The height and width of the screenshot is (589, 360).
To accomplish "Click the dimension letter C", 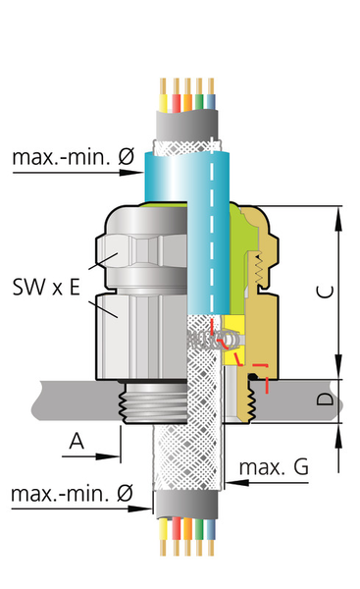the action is pos(325,292).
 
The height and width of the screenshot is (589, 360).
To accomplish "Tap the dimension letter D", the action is pos(325,399).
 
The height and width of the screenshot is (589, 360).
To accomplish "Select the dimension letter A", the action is pos(77,441).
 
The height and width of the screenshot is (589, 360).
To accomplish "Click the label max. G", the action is pos(274,467).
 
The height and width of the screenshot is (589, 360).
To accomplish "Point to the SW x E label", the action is pos(46,287).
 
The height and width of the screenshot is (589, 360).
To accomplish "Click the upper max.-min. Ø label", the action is pos(74,157).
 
